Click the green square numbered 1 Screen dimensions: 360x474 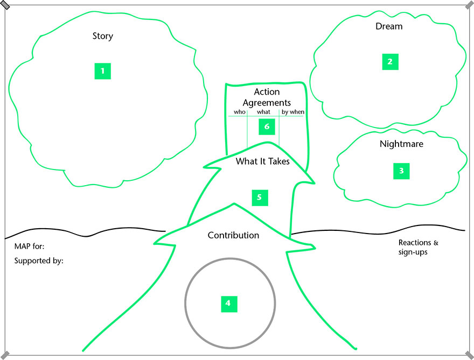102,71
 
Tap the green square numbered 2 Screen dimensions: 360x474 391,62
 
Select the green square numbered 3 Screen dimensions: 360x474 401,171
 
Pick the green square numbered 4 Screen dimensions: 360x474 228,303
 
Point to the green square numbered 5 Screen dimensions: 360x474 260,197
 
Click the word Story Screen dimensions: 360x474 103,37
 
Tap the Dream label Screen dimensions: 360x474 389,26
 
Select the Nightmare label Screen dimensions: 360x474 401,144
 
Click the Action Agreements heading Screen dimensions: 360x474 267,97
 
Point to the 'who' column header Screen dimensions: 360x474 240,112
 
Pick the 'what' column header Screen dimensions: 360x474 263,112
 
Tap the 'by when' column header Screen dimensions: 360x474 293,112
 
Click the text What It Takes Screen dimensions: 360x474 263,160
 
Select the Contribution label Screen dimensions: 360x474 233,235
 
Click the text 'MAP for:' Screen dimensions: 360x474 30,246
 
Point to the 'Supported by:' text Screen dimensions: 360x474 39,261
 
